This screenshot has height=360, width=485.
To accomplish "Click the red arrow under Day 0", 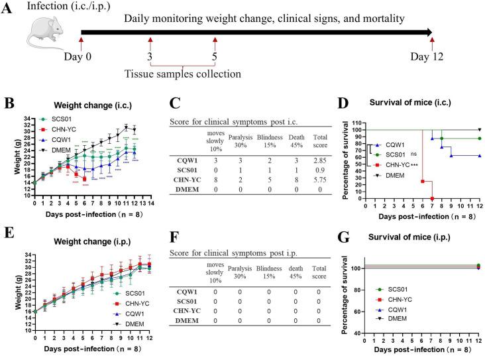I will (x=81, y=44).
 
